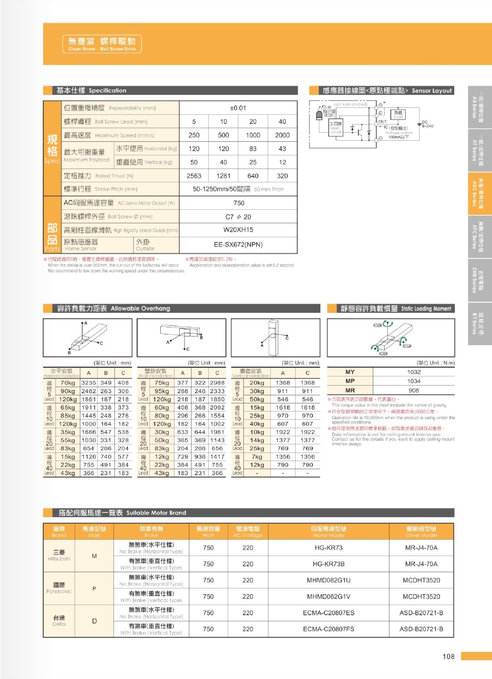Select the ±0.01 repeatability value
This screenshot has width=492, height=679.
pyautogui.click(x=237, y=108)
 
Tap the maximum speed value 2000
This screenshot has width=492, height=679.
pyautogui.click(x=282, y=135)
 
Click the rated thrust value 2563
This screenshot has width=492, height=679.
pyautogui.click(x=194, y=176)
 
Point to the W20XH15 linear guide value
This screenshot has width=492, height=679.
pyautogui.click(x=238, y=230)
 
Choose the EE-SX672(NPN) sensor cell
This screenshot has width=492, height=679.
pyautogui.click(x=238, y=244)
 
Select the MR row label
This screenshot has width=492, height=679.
pyautogui.click(x=350, y=390)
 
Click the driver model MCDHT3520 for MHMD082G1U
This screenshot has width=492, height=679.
pyautogui.click(x=421, y=580)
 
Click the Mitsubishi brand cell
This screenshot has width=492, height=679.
pyautogui.click(x=59, y=555)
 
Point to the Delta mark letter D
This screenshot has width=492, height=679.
pyautogui.click(x=94, y=621)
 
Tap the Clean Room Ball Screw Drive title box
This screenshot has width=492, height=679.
pyautogui.click(x=101, y=44)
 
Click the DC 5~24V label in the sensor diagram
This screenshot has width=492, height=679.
pyautogui.click(x=424, y=124)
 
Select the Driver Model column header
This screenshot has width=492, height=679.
pyautogui.click(x=421, y=532)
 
